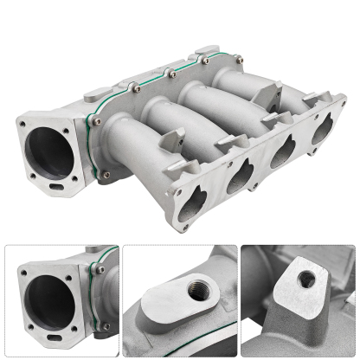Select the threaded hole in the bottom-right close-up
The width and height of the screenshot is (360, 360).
tap(305, 279)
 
